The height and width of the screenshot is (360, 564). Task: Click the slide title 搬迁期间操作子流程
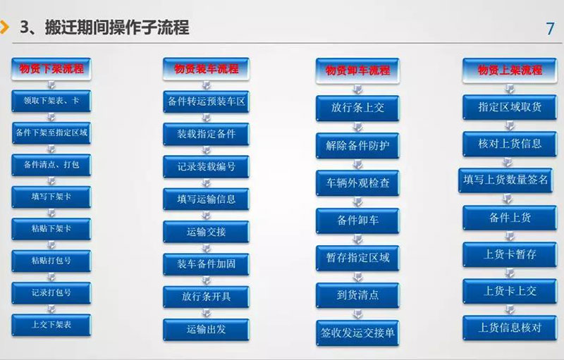tap(117, 27)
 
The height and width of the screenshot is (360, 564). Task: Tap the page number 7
tap(550, 29)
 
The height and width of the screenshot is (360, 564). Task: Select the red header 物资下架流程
tap(51, 68)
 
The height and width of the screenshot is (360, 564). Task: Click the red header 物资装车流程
tap(206, 69)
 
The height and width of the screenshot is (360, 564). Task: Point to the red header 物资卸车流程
tap(357, 70)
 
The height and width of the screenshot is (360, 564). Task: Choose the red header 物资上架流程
tap(510, 70)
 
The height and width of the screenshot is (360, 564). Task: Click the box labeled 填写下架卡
tap(51, 197)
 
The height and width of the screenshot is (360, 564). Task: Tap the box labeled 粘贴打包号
tap(51, 261)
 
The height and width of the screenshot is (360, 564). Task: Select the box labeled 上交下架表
tap(51, 325)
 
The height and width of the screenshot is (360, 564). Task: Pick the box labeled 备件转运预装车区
tap(206, 101)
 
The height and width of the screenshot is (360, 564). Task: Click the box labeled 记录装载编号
tap(206, 167)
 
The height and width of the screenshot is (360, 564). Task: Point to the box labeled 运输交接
tap(206, 232)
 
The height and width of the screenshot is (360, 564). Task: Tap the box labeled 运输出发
tap(206, 330)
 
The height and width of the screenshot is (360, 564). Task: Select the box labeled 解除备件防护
tap(357, 146)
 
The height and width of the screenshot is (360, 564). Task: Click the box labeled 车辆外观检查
tap(357, 183)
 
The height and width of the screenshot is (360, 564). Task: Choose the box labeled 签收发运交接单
tap(357, 333)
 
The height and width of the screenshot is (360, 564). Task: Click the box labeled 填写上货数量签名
tap(505, 180)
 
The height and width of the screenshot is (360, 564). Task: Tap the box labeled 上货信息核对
tap(510, 328)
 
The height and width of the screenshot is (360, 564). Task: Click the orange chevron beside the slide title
tap(5, 27)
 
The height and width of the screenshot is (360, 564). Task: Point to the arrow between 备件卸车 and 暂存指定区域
tap(357, 239)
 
